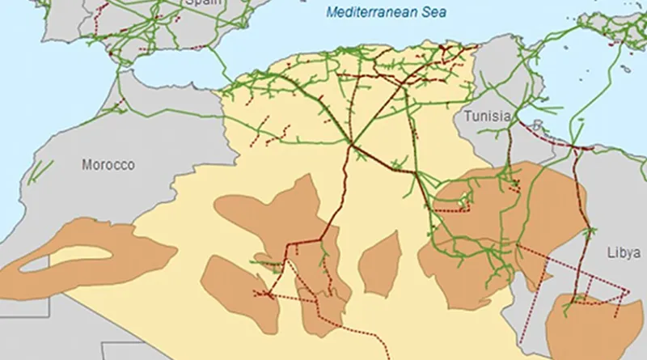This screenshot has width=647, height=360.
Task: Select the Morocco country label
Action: tap(108, 165)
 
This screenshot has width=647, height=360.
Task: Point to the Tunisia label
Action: tap(487, 116)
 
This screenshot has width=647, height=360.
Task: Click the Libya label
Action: tap(624, 252)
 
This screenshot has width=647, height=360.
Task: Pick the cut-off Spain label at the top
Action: tap(202, 3)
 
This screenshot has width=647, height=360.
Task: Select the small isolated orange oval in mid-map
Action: tap(380, 263)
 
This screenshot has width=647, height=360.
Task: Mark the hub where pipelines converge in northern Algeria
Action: tap(353, 146)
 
